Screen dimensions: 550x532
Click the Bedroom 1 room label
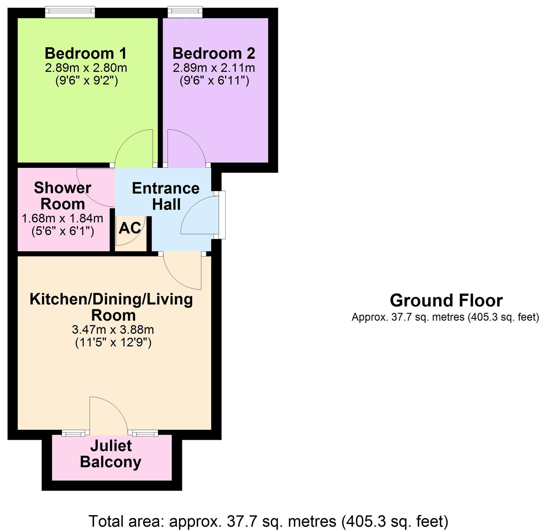(86, 53)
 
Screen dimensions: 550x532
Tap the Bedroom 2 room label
(214, 53)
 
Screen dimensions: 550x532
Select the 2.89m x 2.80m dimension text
(86, 68)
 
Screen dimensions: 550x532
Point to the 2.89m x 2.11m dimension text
(214, 68)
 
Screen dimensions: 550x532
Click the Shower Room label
(63, 196)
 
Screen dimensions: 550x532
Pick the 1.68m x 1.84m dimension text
(63, 218)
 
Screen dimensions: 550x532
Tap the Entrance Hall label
(166, 196)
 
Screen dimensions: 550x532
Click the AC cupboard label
(130, 228)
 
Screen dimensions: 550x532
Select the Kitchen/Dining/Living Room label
(111, 307)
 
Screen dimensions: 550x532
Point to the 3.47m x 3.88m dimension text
(113, 330)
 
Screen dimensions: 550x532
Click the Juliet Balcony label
(111, 454)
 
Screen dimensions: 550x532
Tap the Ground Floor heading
(446, 300)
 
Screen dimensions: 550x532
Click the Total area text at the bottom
(269, 521)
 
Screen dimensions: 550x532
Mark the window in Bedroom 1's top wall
(70, 12)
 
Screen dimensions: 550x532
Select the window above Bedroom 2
(185, 12)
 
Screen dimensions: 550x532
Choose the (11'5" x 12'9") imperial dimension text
(113, 343)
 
